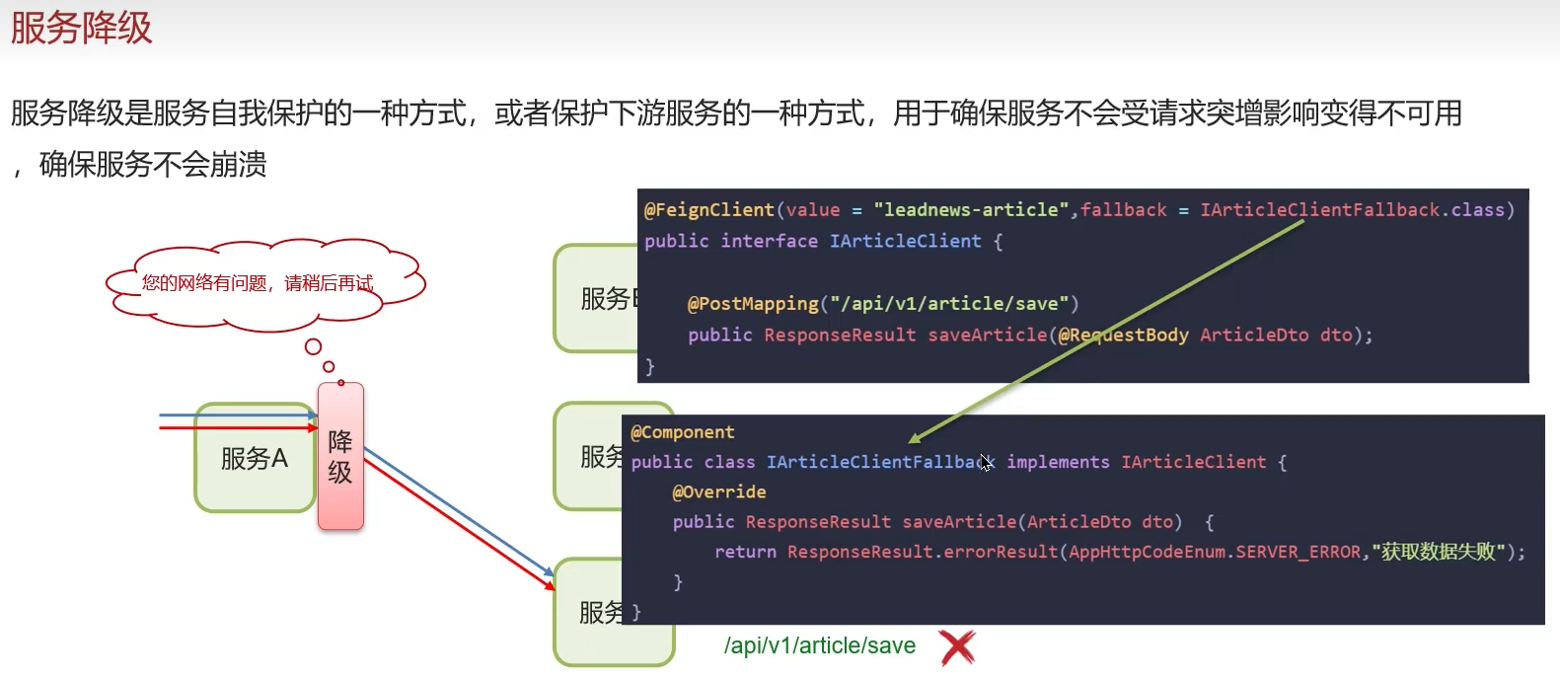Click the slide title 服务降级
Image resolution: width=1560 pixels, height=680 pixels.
[x=82, y=28]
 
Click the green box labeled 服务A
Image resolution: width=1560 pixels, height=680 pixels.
[x=255, y=458]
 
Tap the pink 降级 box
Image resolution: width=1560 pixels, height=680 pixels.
[x=340, y=456]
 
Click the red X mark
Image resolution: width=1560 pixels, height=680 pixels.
[x=956, y=647]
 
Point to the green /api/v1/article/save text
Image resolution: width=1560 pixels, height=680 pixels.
[x=819, y=645]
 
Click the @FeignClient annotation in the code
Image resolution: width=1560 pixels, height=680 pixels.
[x=708, y=209]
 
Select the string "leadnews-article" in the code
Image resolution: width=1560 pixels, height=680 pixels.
[x=971, y=209]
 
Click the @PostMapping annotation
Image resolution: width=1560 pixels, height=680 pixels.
[x=753, y=303]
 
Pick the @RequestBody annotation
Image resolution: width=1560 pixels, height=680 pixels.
[x=1122, y=335]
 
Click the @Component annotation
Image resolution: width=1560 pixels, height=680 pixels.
[x=683, y=432]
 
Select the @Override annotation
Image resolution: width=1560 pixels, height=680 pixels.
[x=719, y=491]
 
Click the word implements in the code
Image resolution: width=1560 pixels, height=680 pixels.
[x=1058, y=462]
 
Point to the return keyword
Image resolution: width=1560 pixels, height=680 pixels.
[x=745, y=552]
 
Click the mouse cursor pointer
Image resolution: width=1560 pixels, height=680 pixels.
[x=985, y=461]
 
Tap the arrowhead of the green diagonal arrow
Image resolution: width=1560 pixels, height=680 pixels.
[x=914, y=439]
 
